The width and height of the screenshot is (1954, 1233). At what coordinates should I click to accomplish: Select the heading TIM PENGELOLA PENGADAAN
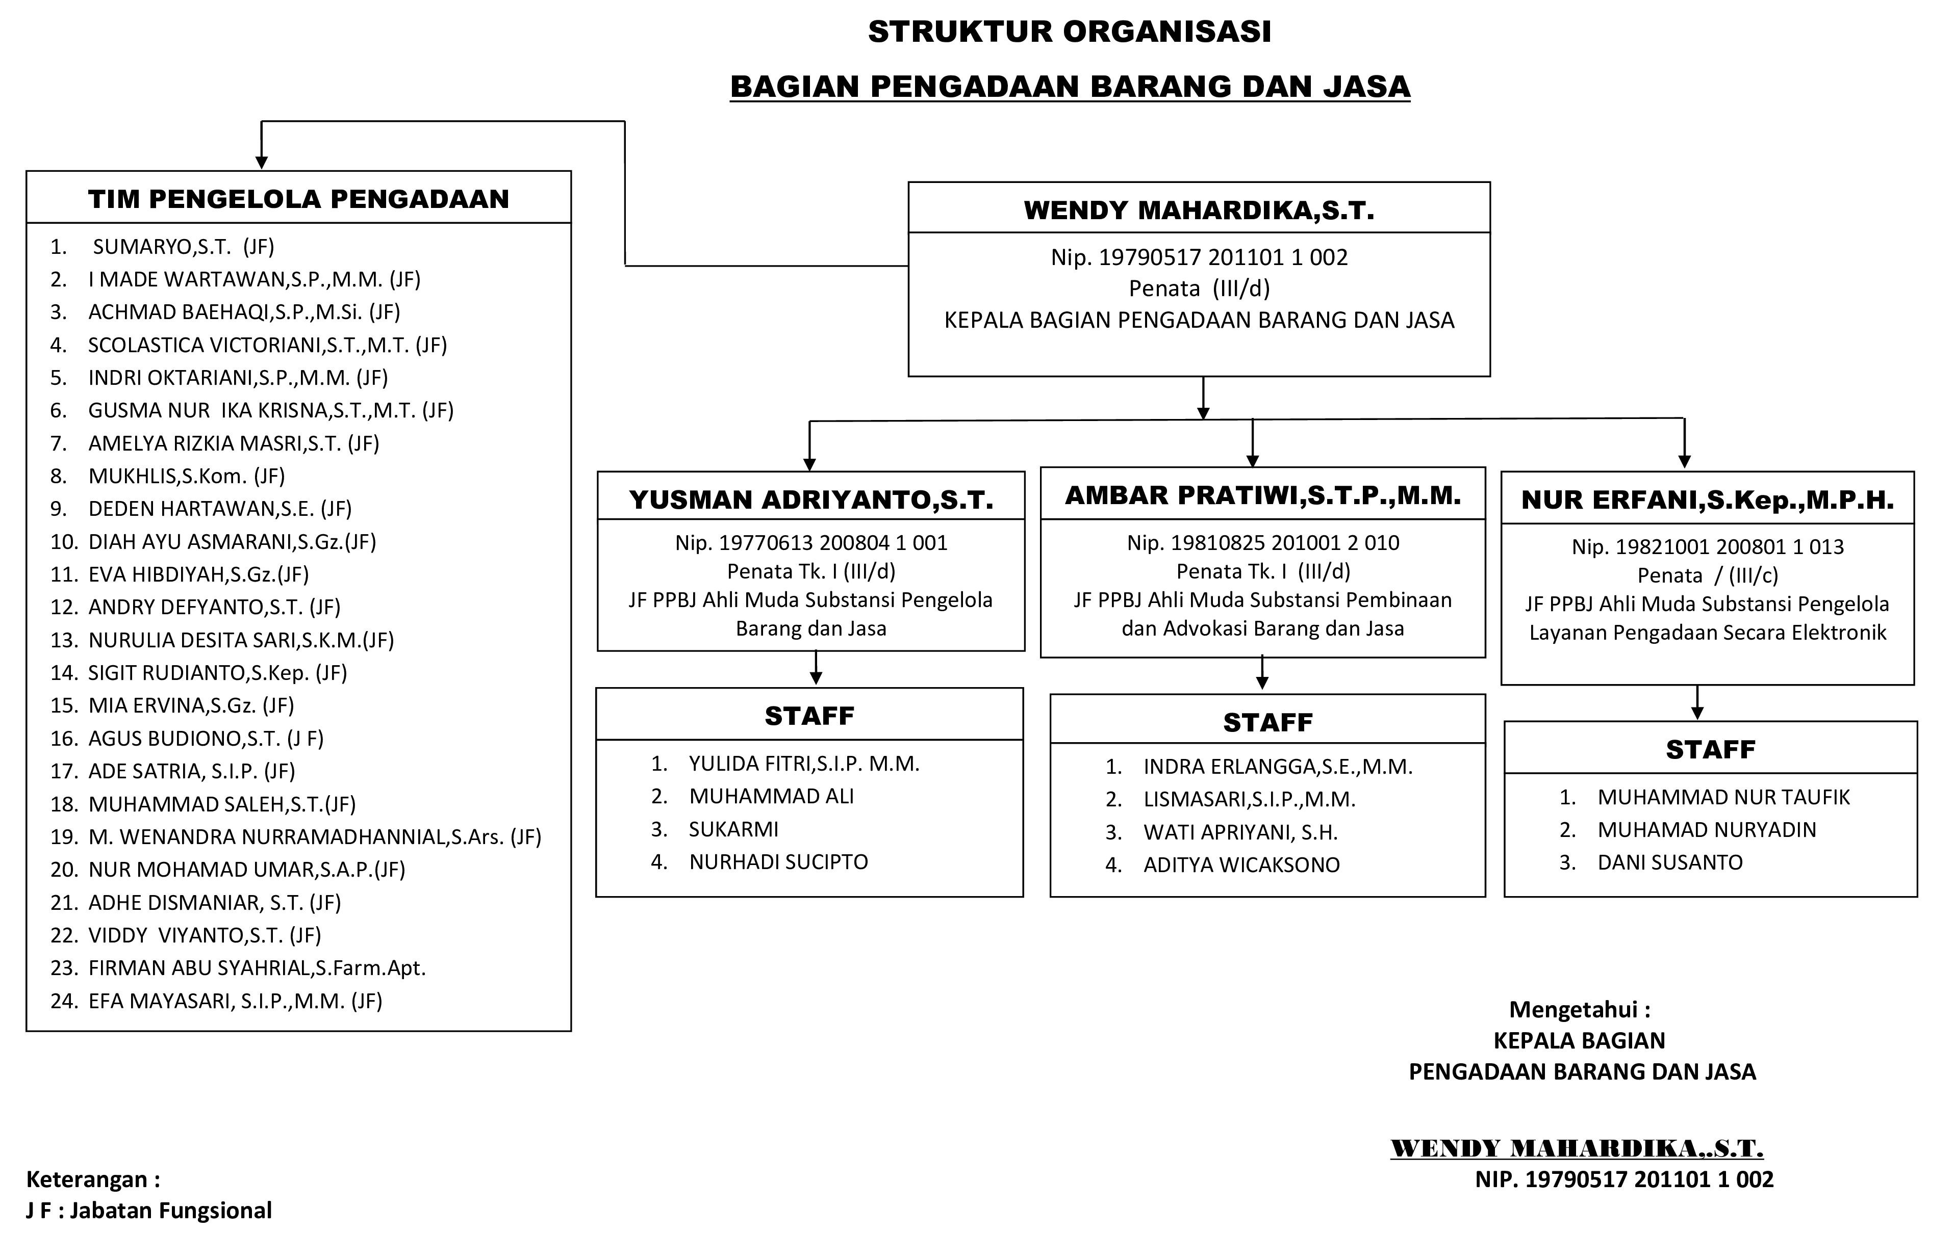298,199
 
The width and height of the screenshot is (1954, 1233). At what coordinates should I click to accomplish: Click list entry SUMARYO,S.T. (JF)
183,247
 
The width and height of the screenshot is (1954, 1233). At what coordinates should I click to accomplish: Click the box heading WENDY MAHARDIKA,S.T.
1199,210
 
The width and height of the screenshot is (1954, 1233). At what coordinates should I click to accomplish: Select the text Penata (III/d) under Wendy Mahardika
1199,288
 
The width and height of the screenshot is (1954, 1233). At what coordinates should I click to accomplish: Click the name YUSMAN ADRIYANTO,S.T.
810,500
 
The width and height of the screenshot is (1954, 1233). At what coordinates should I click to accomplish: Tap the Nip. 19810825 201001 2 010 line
1263,543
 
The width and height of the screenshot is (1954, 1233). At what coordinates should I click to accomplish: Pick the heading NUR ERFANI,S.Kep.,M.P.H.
1707,500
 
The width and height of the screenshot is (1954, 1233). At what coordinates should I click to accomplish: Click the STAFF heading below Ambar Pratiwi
1267,722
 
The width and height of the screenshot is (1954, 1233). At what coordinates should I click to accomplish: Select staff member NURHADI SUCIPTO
778,861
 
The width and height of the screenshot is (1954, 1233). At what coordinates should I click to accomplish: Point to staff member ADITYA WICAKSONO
1241,864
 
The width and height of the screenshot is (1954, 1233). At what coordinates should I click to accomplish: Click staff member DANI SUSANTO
1669,862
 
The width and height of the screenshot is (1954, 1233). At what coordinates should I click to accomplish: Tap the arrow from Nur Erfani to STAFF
1697,702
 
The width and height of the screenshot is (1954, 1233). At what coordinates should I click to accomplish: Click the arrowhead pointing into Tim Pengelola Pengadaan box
261,162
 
